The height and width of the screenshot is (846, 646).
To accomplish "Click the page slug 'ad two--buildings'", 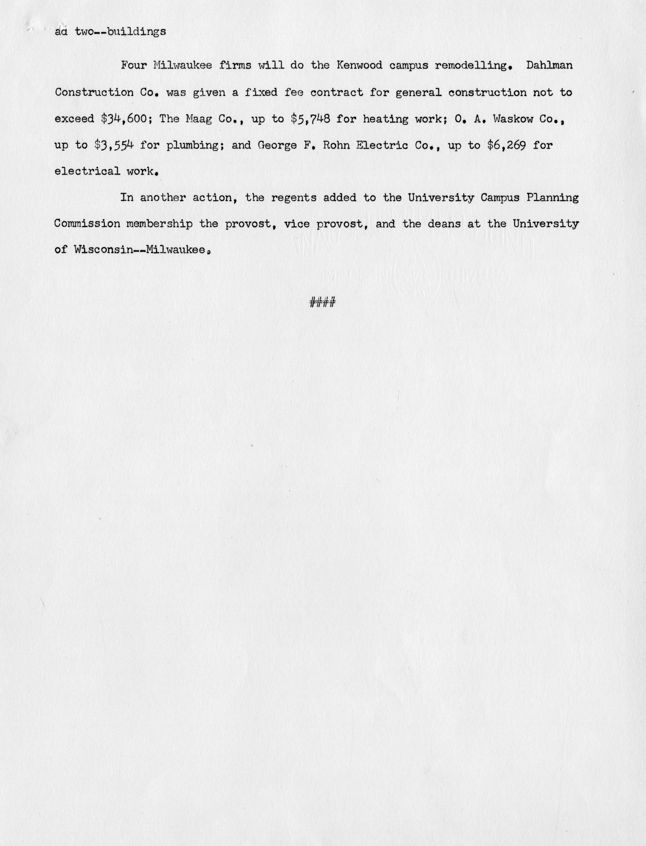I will [110, 32].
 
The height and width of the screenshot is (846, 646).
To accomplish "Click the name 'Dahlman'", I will [549, 65].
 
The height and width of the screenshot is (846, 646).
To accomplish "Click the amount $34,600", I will [124, 119].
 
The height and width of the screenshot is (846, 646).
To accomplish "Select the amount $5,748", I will [311, 119].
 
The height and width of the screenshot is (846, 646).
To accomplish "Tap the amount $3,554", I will [114, 145].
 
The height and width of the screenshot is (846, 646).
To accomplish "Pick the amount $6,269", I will [506, 145].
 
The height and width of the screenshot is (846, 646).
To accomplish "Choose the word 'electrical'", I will [88, 171].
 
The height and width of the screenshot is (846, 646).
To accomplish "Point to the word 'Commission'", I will [87, 224].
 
